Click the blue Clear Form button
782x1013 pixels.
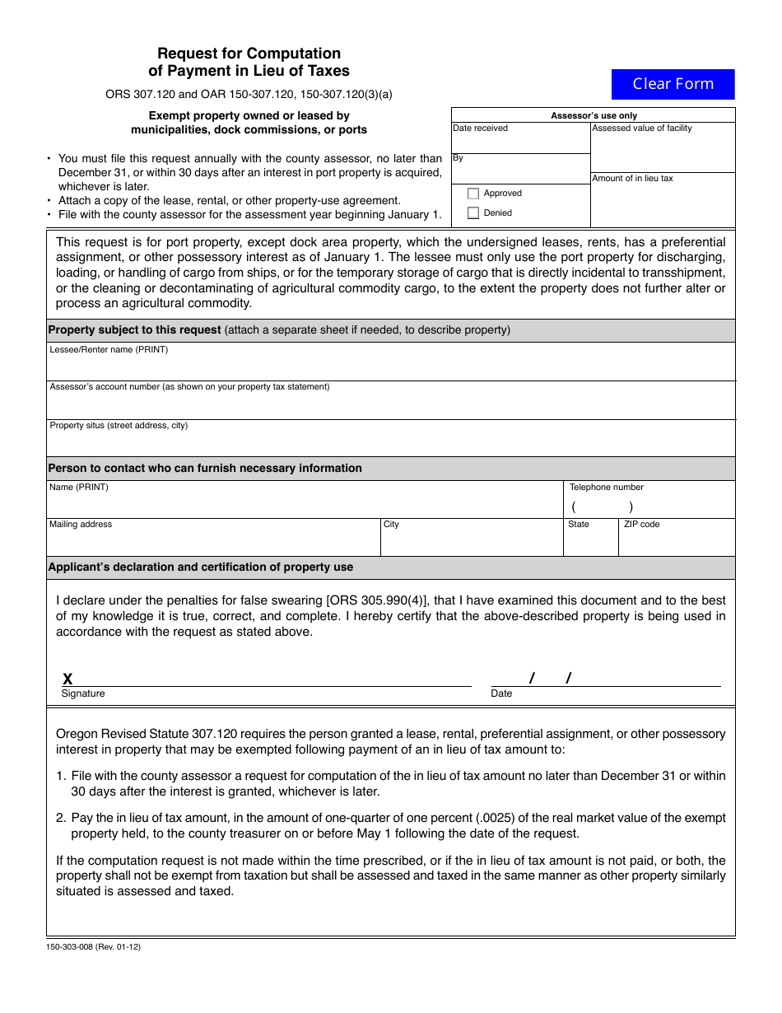[673, 84]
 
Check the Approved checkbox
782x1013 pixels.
[473, 194]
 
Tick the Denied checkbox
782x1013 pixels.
[473, 213]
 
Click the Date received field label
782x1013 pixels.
[480, 128]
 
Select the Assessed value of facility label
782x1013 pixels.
[642, 128]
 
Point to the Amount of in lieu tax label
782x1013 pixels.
[632, 179]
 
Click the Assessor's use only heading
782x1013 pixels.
[593, 116]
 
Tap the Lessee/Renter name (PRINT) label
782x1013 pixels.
[109, 350]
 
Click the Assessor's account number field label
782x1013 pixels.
[189, 387]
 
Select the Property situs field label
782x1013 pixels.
[119, 426]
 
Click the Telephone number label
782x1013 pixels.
[607, 488]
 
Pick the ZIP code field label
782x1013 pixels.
[641, 525]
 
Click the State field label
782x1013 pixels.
[579, 525]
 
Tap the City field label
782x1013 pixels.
[391, 525]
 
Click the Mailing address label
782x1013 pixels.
[81, 525]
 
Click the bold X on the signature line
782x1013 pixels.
[67, 679]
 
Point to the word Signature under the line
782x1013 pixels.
[83, 694]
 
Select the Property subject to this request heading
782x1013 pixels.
[134, 330]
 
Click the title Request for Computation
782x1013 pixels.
[249, 54]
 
